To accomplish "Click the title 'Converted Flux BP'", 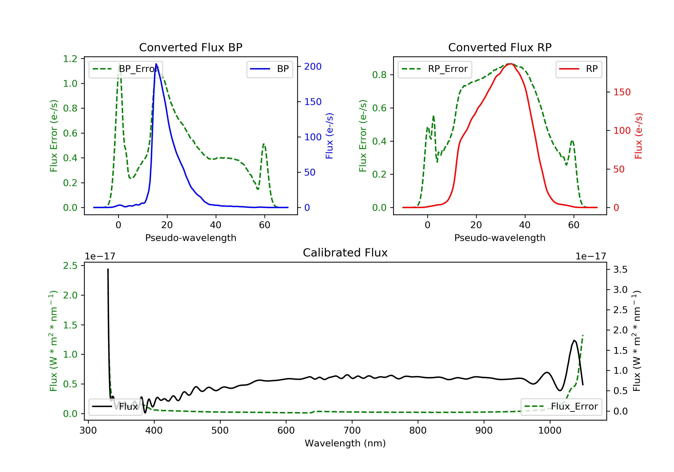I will [191, 47].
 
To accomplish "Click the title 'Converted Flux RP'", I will [500, 47].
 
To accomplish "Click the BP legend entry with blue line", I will [269, 69].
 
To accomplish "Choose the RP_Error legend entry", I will [435, 69].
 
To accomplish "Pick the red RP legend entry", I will [579, 69].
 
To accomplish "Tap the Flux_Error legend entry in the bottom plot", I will [561, 407].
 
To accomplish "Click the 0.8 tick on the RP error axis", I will [379, 75].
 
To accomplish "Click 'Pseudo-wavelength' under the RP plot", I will [500, 238].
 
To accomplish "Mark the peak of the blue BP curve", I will [156, 64].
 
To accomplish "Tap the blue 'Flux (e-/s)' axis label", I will [329, 136].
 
